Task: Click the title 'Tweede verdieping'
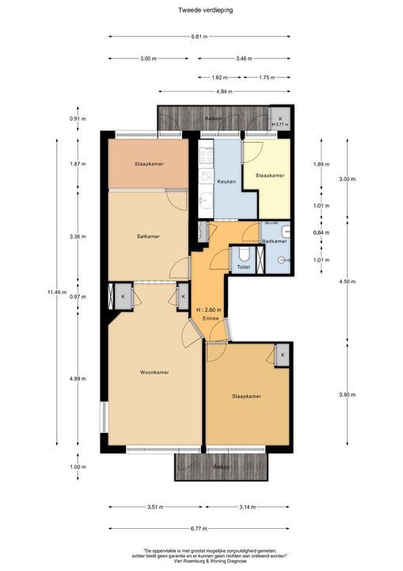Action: [x=201, y=10]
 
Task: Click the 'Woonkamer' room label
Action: [x=154, y=372]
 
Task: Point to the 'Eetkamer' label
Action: [x=148, y=236]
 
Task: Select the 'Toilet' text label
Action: [x=243, y=268]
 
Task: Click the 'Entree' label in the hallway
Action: [x=210, y=318]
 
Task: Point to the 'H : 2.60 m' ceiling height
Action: [x=210, y=309]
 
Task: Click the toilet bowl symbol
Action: [x=244, y=254]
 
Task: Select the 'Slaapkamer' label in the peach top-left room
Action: [x=149, y=164]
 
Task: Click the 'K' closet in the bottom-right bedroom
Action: [x=281, y=356]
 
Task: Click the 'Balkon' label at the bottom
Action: [x=222, y=467]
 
